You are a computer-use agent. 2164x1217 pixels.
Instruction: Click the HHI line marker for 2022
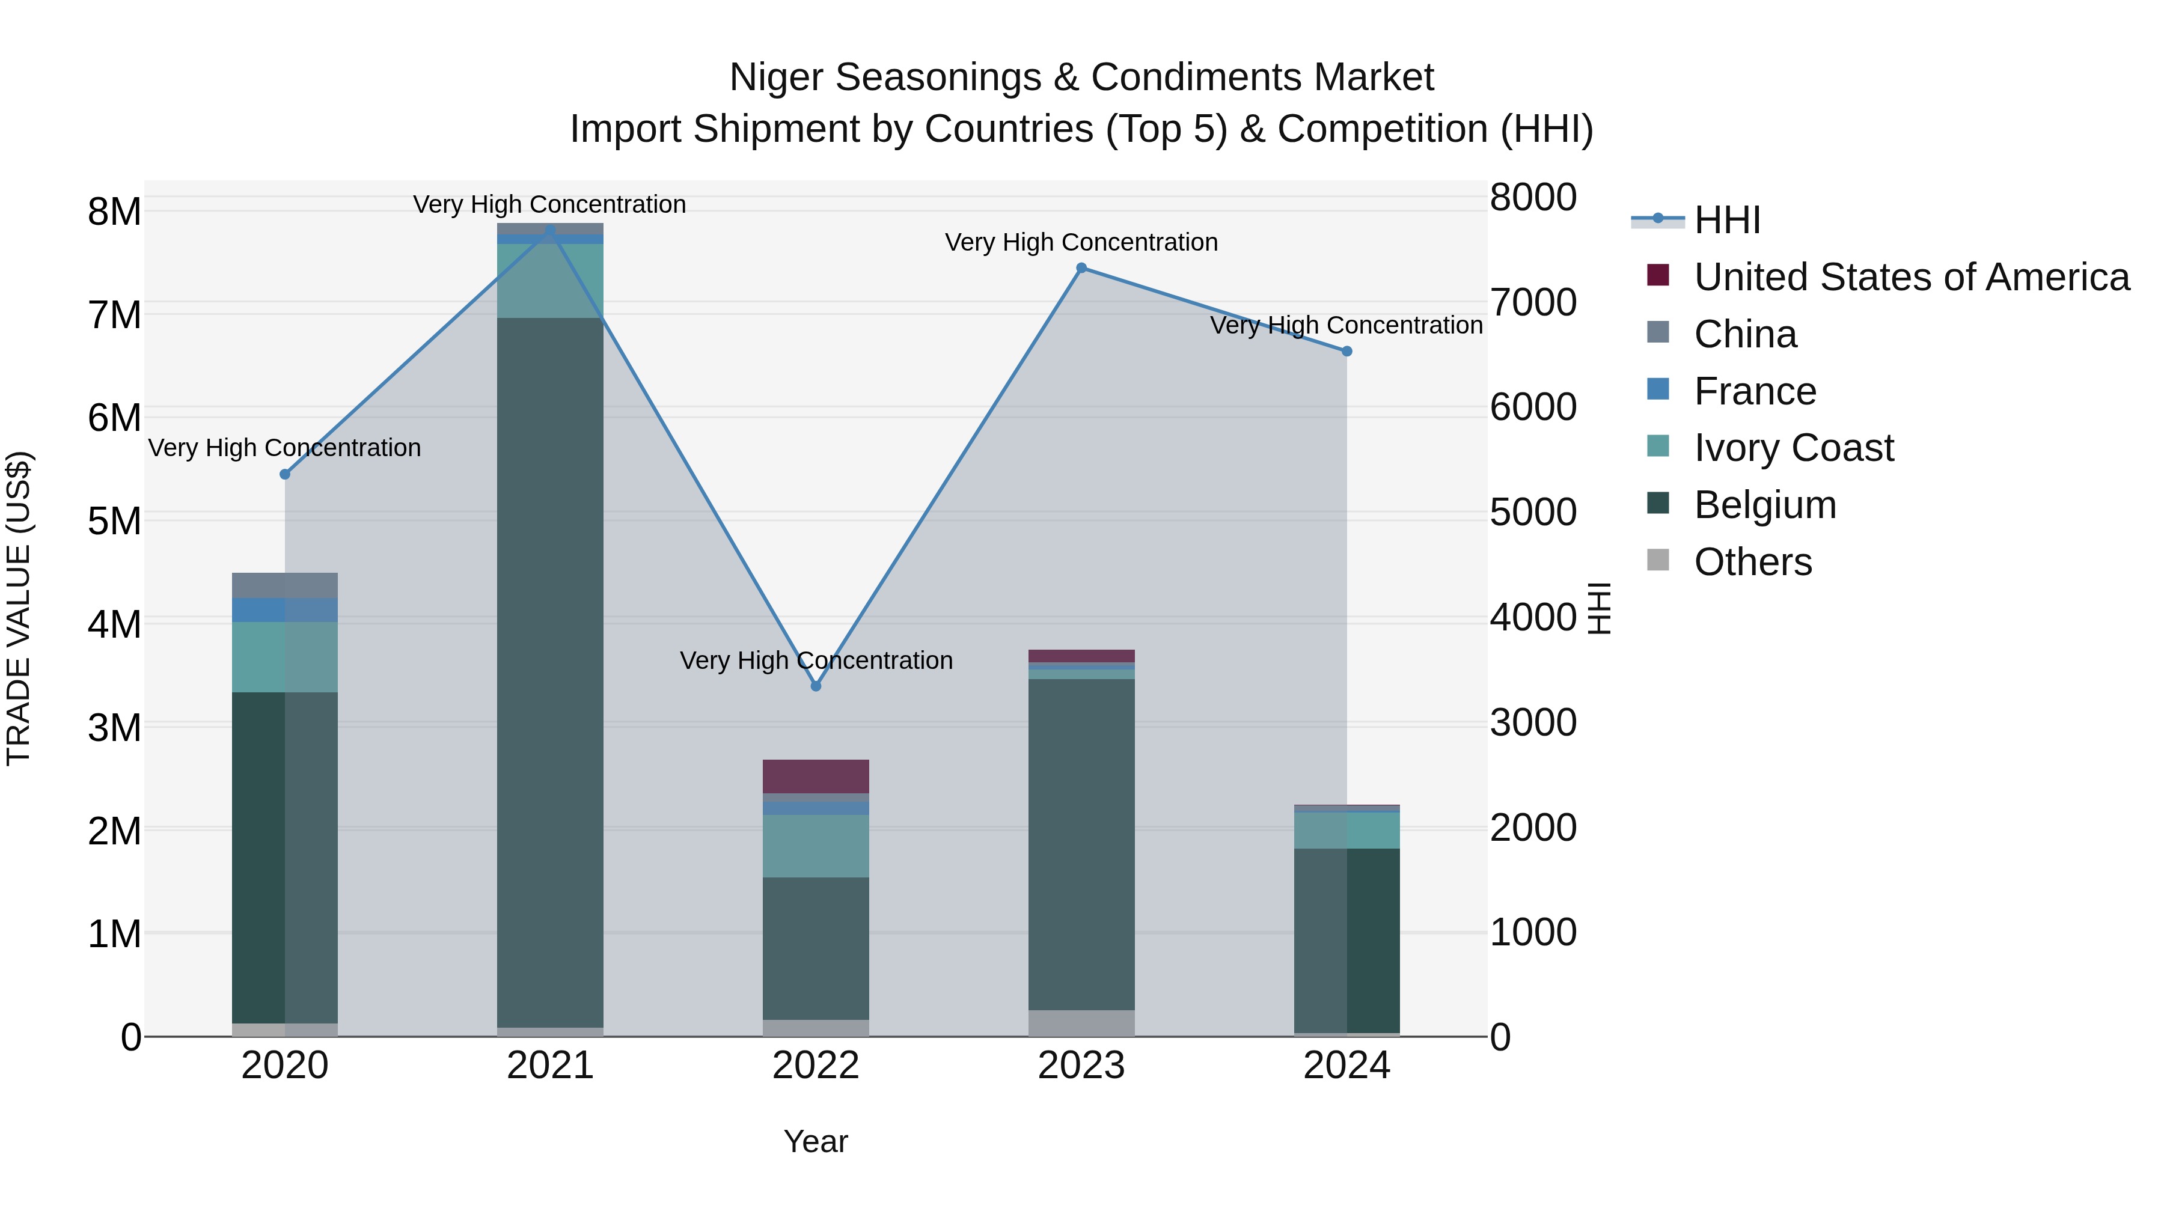tap(815, 686)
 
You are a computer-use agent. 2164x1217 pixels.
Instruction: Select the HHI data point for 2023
tap(1081, 268)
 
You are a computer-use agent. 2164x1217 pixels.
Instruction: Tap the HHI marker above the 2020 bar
tap(285, 475)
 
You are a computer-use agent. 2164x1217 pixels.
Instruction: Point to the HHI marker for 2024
tap(1346, 351)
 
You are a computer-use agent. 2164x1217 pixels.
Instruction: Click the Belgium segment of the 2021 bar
tap(550, 672)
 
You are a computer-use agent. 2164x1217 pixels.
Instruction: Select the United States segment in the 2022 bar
tap(815, 776)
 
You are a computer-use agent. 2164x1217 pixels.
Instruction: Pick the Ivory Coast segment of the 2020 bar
tap(285, 657)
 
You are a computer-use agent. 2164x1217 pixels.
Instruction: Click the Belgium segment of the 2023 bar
tap(1081, 844)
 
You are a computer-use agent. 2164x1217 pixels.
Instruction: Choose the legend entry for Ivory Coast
tap(1794, 448)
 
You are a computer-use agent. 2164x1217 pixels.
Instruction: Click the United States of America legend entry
tap(1911, 277)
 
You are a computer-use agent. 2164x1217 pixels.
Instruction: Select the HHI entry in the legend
tap(1726, 220)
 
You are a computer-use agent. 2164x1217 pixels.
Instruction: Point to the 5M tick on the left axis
tap(114, 520)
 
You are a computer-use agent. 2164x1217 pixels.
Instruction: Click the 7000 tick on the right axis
tap(1533, 302)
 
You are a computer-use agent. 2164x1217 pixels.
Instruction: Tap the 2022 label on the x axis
tap(815, 1066)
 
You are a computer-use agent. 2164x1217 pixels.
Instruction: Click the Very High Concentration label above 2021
tap(549, 204)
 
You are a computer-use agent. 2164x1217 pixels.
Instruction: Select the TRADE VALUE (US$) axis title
tap(19, 608)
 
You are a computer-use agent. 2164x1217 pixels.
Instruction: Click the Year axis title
tap(815, 1141)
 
